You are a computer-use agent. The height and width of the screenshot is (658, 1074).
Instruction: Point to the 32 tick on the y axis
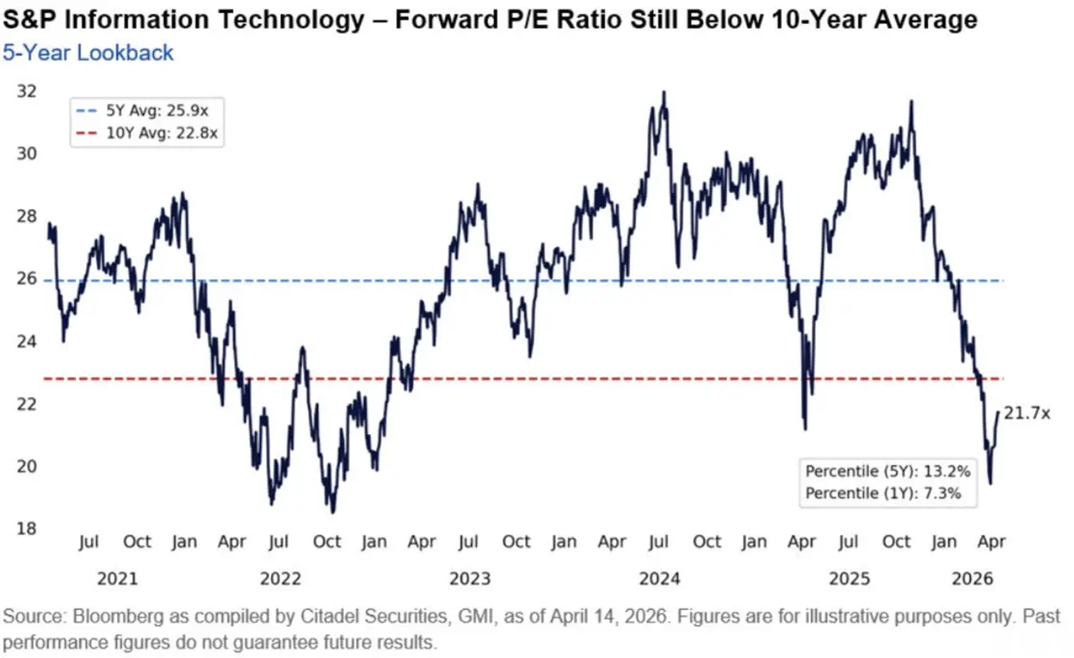coord(27,91)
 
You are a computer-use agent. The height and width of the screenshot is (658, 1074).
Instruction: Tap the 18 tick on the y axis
coord(27,528)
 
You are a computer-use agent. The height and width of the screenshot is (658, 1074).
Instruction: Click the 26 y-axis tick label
coord(27,279)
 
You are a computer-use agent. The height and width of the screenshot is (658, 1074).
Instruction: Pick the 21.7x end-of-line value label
coord(1027,414)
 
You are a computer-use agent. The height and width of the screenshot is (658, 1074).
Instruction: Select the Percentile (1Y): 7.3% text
coord(881,493)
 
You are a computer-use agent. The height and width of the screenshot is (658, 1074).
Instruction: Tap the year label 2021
coord(117,578)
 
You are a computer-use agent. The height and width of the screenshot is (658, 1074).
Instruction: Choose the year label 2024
coord(659,578)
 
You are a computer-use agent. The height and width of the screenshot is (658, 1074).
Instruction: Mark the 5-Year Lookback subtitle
coord(88,53)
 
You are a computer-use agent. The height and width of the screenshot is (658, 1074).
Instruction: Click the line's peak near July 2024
coord(663,92)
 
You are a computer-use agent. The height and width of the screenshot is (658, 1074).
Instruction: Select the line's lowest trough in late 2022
coord(333,512)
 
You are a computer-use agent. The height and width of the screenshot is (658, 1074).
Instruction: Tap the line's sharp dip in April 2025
coord(805,428)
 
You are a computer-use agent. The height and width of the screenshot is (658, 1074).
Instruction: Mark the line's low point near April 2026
coord(990,482)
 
